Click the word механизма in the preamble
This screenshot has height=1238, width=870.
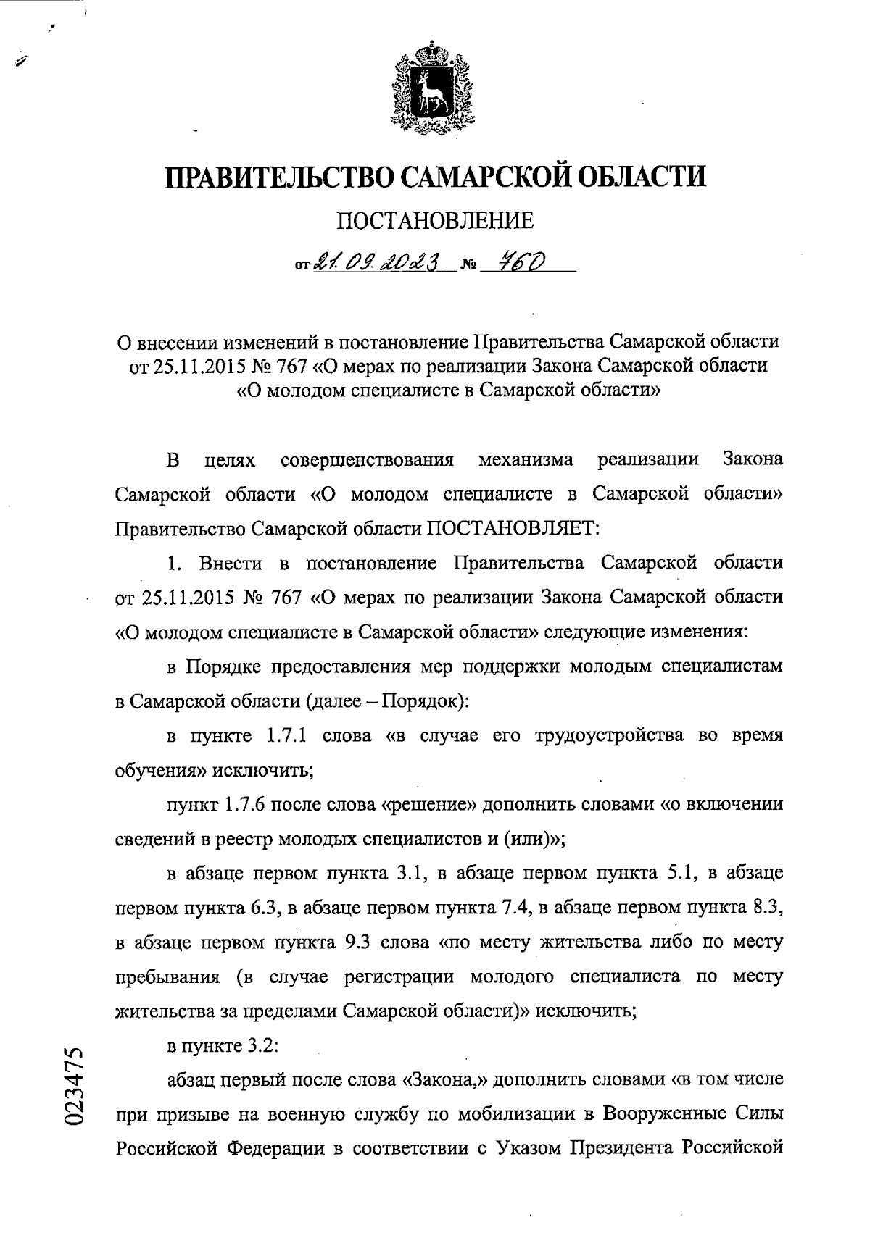click(x=526, y=460)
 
